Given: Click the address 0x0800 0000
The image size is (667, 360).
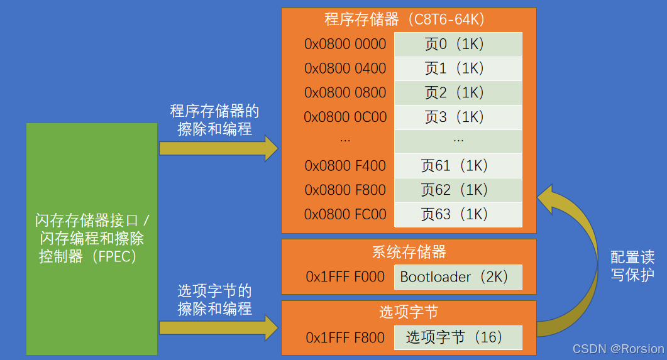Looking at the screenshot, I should (345, 44).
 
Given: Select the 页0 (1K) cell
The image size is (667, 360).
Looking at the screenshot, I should (458, 44).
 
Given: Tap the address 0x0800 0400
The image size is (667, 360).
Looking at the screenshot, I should (345, 68).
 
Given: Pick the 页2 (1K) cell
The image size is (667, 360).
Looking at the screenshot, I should (458, 93).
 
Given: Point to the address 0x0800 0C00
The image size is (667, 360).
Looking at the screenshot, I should (345, 117).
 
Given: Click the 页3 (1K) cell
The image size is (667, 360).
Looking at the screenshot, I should (458, 117).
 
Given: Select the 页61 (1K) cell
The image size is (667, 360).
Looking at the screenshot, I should (458, 166).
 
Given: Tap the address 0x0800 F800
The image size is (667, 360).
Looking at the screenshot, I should (345, 190).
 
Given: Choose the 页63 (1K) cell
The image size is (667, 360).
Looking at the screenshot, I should (458, 214).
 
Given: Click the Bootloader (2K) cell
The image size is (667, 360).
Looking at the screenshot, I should (458, 276).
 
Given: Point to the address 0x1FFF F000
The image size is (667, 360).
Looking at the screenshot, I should (345, 276).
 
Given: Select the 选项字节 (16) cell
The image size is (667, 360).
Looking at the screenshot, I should (458, 337).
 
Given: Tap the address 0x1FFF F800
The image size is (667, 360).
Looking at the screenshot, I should (345, 337).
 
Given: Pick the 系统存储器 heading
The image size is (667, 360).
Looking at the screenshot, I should (409, 252).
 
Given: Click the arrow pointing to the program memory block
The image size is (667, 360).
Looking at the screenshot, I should (218, 148).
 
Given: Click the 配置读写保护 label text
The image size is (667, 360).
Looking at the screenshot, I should (632, 266).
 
